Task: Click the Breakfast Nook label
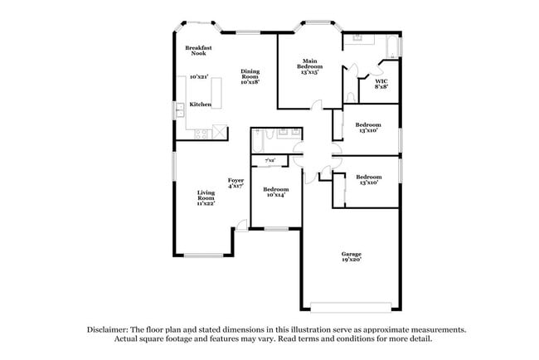coord(199,51)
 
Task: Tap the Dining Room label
coord(250,76)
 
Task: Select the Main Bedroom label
coord(311,66)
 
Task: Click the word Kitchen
coord(201,105)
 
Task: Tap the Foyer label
coord(236,183)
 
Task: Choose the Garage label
coord(352,256)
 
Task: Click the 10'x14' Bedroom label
coord(275,192)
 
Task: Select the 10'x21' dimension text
coord(198,76)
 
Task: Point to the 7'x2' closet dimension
coord(269,160)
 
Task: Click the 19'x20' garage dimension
coord(352,261)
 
